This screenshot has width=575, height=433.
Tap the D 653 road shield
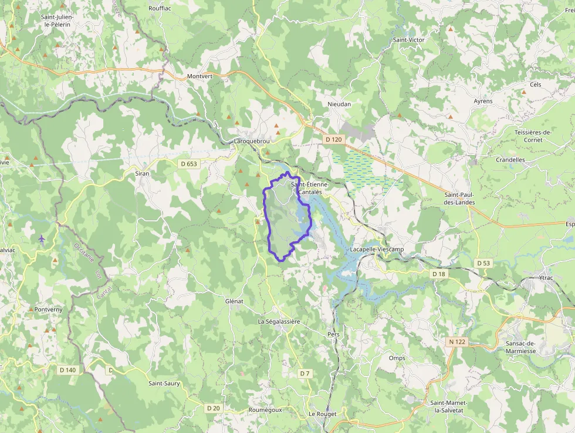pyautogui.click(x=189, y=164)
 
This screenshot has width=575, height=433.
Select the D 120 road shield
pyautogui.click(x=333, y=139)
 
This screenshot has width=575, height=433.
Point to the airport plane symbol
pyautogui.click(x=42, y=239)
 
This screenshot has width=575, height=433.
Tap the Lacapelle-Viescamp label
pyautogui.click(x=377, y=249)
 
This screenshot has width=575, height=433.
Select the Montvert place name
pyautogui.click(x=199, y=76)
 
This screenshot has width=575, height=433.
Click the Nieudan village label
pyautogui.click(x=339, y=104)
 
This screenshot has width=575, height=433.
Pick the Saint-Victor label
pyautogui.click(x=409, y=39)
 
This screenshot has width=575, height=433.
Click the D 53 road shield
pyautogui.click(x=483, y=263)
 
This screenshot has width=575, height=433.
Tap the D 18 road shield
pyautogui.click(x=439, y=274)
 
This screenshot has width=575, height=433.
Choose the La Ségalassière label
pyautogui.click(x=279, y=321)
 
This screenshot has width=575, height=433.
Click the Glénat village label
pyautogui.click(x=234, y=301)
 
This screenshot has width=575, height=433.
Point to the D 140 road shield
pyautogui.click(x=68, y=370)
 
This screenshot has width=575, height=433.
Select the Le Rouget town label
pyautogui.click(x=323, y=414)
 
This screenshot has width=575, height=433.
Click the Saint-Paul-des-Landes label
pyautogui.click(x=459, y=198)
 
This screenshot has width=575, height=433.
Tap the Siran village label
pyautogui.click(x=142, y=173)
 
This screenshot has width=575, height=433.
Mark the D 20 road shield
pyautogui.click(x=213, y=408)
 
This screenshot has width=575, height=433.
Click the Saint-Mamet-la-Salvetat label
pyautogui.click(x=449, y=406)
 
